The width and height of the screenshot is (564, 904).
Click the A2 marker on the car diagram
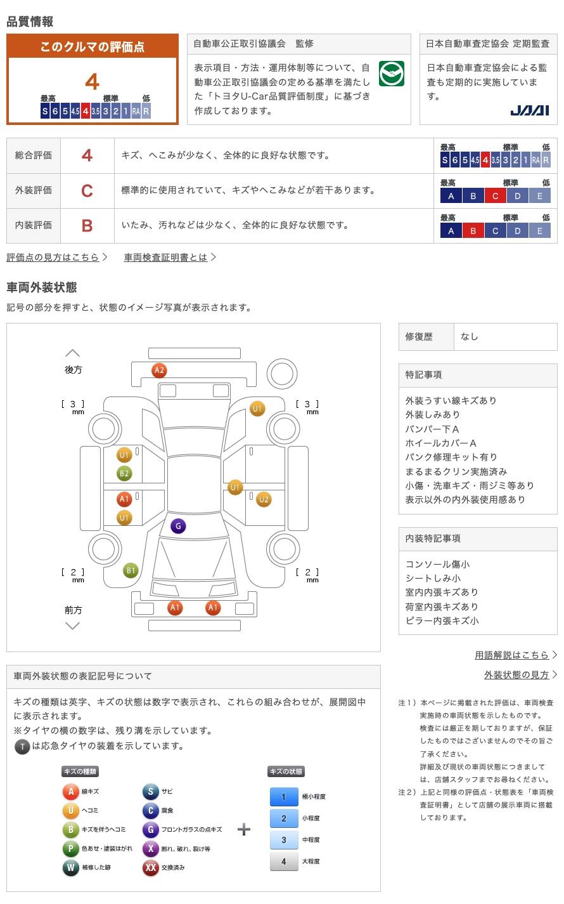(159, 370)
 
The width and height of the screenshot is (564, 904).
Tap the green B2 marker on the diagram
(124, 473)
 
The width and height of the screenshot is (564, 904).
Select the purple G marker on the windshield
(178, 526)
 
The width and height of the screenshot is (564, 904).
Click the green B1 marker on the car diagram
(131, 570)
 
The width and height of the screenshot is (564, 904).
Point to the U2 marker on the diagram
(264, 499)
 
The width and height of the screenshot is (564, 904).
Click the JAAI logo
(529, 110)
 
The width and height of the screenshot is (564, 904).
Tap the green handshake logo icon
(391, 74)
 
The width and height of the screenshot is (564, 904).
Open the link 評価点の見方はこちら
(53, 257)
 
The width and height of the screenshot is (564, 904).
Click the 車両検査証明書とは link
(166, 257)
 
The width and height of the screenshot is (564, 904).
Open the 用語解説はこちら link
(512, 655)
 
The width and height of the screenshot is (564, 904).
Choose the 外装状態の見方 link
(516, 675)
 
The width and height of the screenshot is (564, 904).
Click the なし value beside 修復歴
(470, 337)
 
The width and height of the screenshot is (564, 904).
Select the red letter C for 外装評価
(87, 190)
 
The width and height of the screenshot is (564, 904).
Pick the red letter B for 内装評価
(87, 225)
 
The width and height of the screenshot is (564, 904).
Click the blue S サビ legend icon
(150, 792)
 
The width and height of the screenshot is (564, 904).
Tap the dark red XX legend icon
(150, 868)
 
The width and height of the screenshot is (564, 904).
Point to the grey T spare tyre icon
(22, 747)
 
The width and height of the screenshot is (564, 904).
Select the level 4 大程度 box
(283, 861)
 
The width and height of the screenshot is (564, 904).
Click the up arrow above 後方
(73, 353)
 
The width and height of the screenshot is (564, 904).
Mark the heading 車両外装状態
(42, 287)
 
